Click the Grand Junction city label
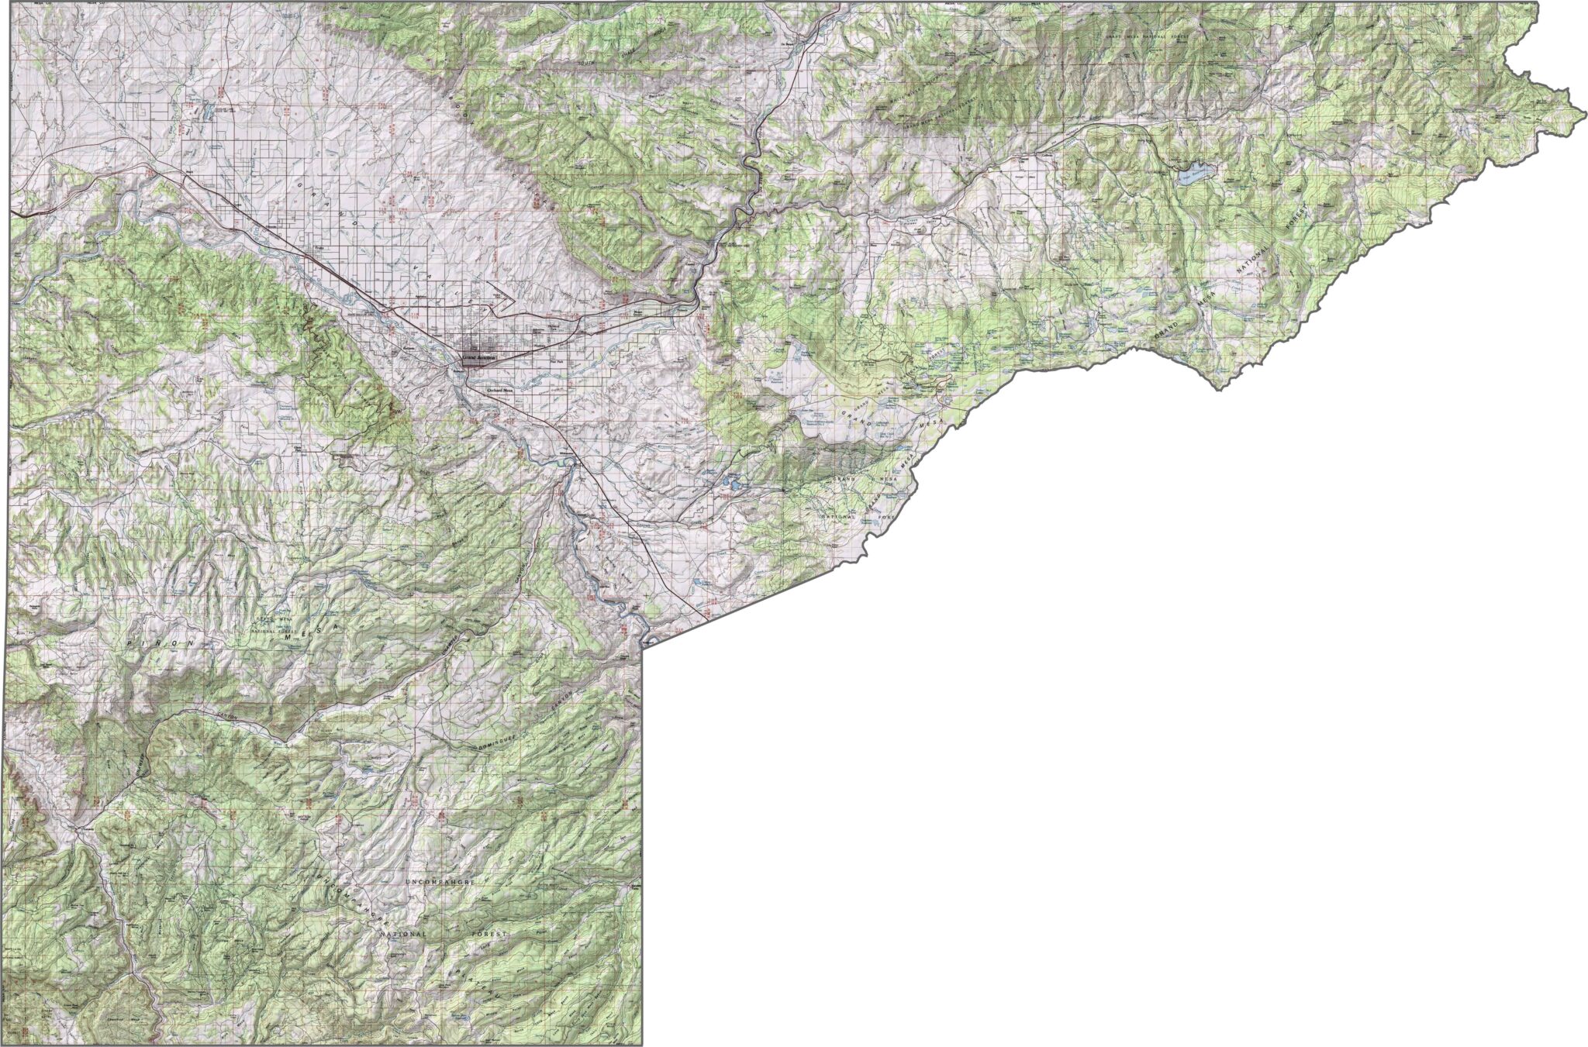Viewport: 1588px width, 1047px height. [x=478, y=358]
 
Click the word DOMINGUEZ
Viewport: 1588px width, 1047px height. [x=496, y=746]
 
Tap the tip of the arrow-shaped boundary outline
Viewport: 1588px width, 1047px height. [x=514, y=296]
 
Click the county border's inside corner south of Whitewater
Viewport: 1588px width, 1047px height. [x=644, y=642]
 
